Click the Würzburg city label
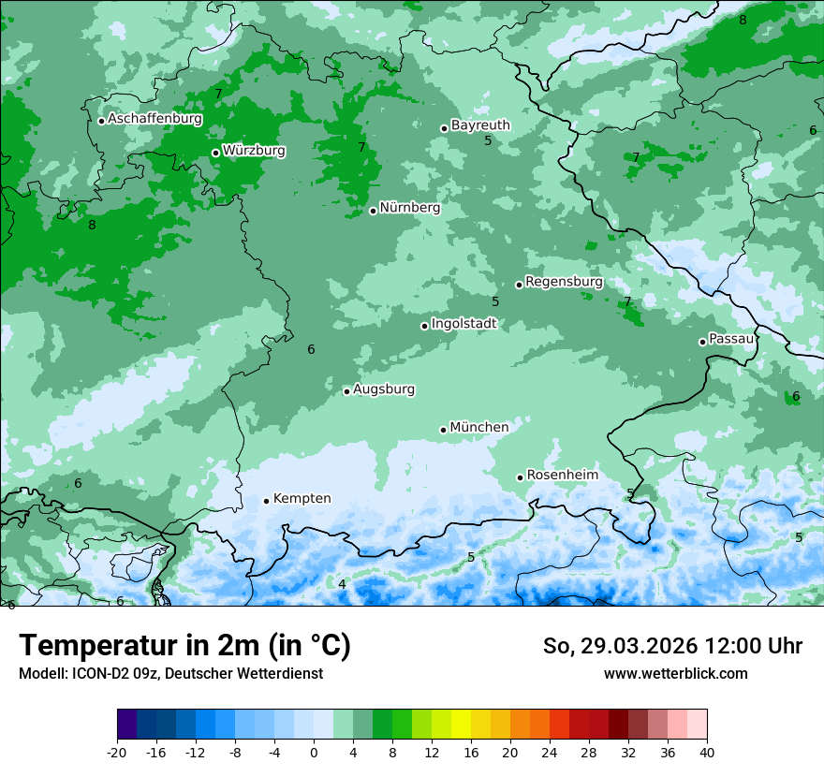pos(254,151)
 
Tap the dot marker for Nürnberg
pos(373,211)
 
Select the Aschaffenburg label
pos(154,119)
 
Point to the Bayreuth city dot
pos(445,128)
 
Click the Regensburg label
pos(564,282)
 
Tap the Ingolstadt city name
pos(463,324)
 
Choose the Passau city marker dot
pos(702,342)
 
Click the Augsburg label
pos(384,389)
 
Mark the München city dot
pos(444,430)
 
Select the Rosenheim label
pos(562,476)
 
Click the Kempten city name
pos(302,499)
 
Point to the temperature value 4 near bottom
pos(342,584)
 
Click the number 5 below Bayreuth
pos(488,141)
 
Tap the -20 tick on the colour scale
pos(117,753)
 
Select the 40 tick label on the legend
pos(706,753)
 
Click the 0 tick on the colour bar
pos(314,753)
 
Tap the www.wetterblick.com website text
pos(675,674)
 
